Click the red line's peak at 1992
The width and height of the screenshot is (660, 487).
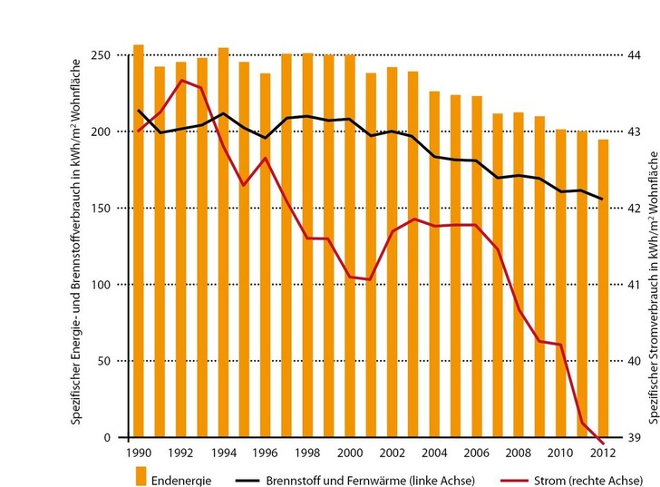tap(181, 80)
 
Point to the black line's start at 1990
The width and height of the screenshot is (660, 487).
tap(139, 111)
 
